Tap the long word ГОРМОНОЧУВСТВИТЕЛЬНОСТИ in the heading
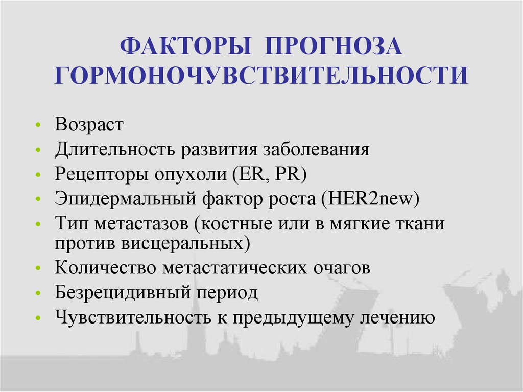[x=261, y=75]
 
